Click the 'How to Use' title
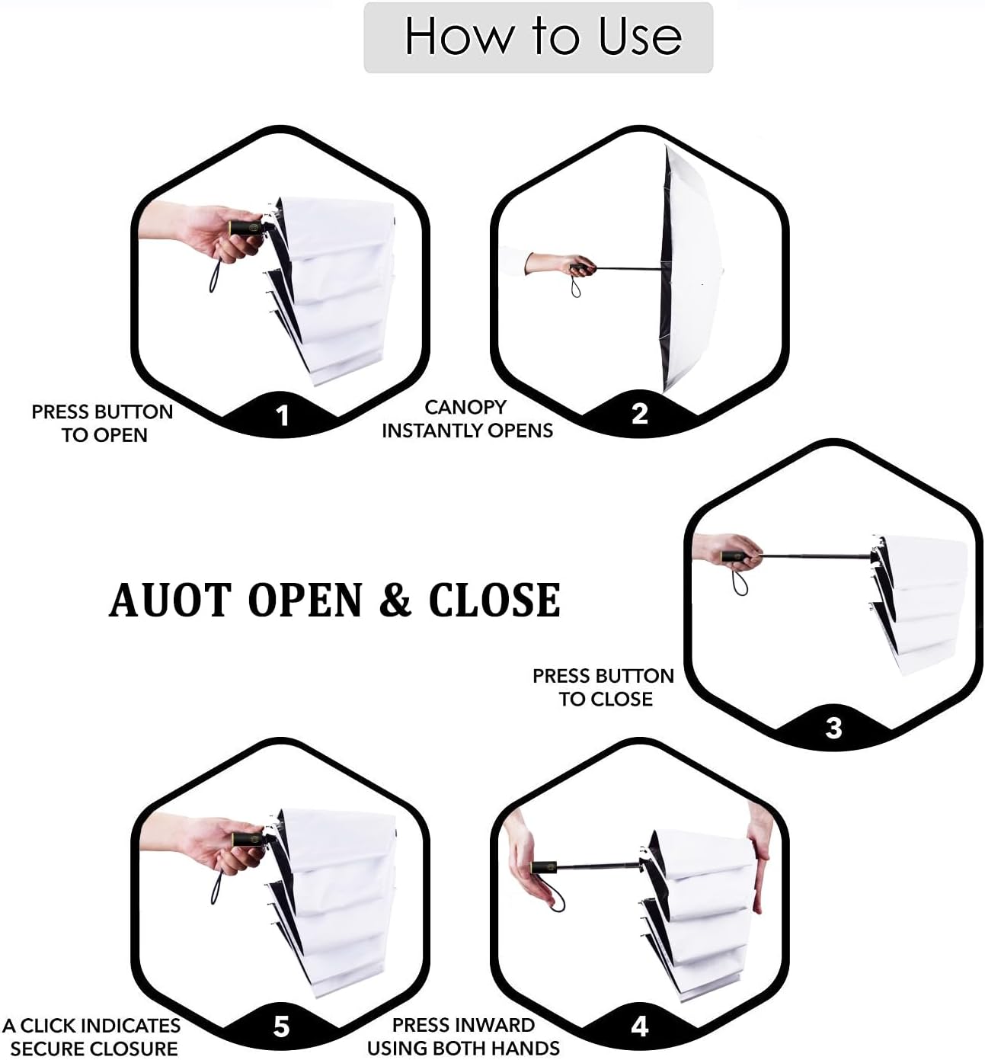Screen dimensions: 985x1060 click(x=543, y=36)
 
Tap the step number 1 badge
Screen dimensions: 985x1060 click(x=283, y=415)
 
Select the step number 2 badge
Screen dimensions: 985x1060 click(x=640, y=414)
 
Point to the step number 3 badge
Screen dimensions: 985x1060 click(x=833, y=728)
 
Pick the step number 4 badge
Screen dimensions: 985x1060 click(x=640, y=1026)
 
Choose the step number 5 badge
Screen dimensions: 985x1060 click(x=281, y=1026)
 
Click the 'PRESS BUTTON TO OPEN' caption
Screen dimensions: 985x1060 click(x=102, y=423)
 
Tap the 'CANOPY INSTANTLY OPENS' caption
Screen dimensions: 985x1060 click(x=468, y=419)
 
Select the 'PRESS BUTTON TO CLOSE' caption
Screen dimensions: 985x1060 click(x=603, y=688)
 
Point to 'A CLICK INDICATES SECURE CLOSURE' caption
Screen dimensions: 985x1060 click(x=91, y=1036)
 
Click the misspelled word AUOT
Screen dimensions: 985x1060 click(x=171, y=600)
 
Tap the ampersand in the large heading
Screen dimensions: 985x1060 click(x=395, y=600)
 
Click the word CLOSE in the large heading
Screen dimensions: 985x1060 click(x=494, y=600)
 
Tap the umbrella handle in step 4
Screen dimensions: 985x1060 click(x=544, y=868)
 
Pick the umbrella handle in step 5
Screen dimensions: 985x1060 click(x=248, y=840)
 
